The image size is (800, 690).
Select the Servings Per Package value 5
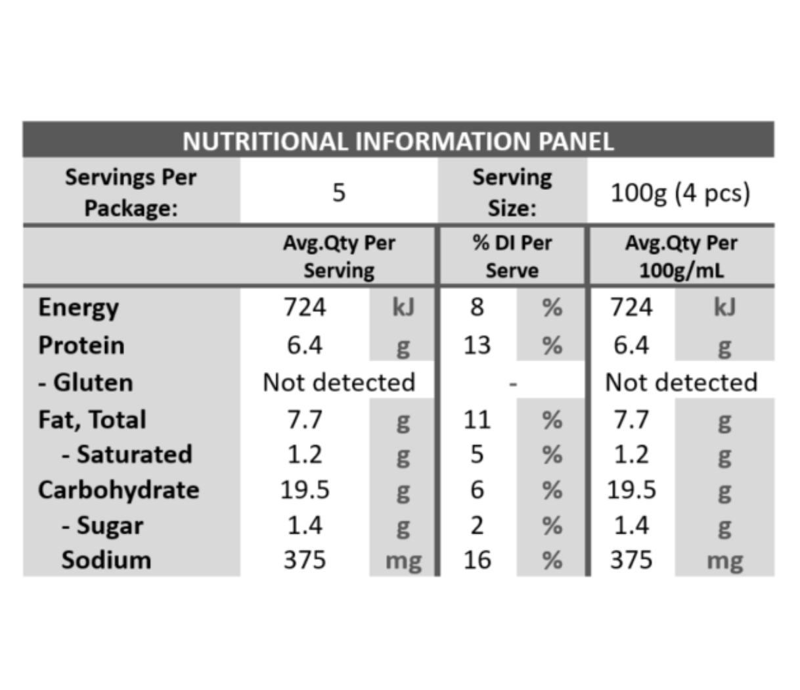pyautogui.click(x=339, y=193)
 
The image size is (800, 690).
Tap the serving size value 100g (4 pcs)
pyautogui.click(x=680, y=193)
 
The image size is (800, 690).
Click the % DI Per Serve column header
pyautogui.click(x=512, y=256)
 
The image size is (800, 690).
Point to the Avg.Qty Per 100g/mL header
pyautogui.click(x=682, y=256)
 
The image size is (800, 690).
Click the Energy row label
pyautogui.click(x=79, y=308)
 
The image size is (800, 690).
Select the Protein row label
pyautogui.click(x=81, y=345)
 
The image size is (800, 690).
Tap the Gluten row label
pyautogui.click(x=85, y=382)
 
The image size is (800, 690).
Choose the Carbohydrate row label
pyautogui.click(x=119, y=490)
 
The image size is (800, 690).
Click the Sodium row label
pyautogui.click(x=106, y=560)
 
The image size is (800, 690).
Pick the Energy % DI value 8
pyautogui.click(x=477, y=308)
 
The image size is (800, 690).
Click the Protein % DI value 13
pyautogui.click(x=478, y=345)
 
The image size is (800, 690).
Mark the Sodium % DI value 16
pyautogui.click(x=478, y=560)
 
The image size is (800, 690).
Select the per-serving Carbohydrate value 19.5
pyautogui.click(x=305, y=490)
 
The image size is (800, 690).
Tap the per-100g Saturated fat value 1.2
pyautogui.click(x=631, y=454)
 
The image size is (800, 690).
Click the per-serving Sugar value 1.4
pyautogui.click(x=305, y=526)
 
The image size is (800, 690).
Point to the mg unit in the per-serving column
pyautogui.click(x=403, y=562)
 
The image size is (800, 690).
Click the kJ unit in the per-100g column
pyautogui.click(x=724, y=308)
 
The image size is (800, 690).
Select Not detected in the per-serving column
pyautogui.click(x=339, y=382)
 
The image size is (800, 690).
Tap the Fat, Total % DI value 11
pyautogui.click(x=478, y=420)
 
